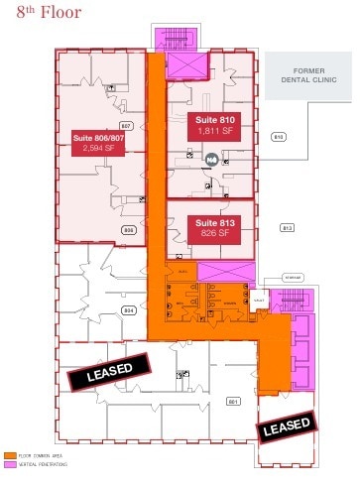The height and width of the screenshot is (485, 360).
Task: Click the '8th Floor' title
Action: pyautogui.click(x=41, y=13)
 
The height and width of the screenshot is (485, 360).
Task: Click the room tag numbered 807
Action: pyautogui.click(x=126, y=126)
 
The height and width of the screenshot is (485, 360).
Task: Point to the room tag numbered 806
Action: pyautogui.click(x=128, y=229)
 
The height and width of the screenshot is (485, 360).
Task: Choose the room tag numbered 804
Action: pyautogui.click(x=128, y=310)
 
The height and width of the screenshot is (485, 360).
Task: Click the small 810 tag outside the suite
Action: pyautogui.click(x=278, y=137)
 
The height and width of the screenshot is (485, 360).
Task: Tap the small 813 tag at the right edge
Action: pyautogui.click(x=288, y=228)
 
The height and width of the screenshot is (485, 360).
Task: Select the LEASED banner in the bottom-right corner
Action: pyautogui.click(x=287, y=427)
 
